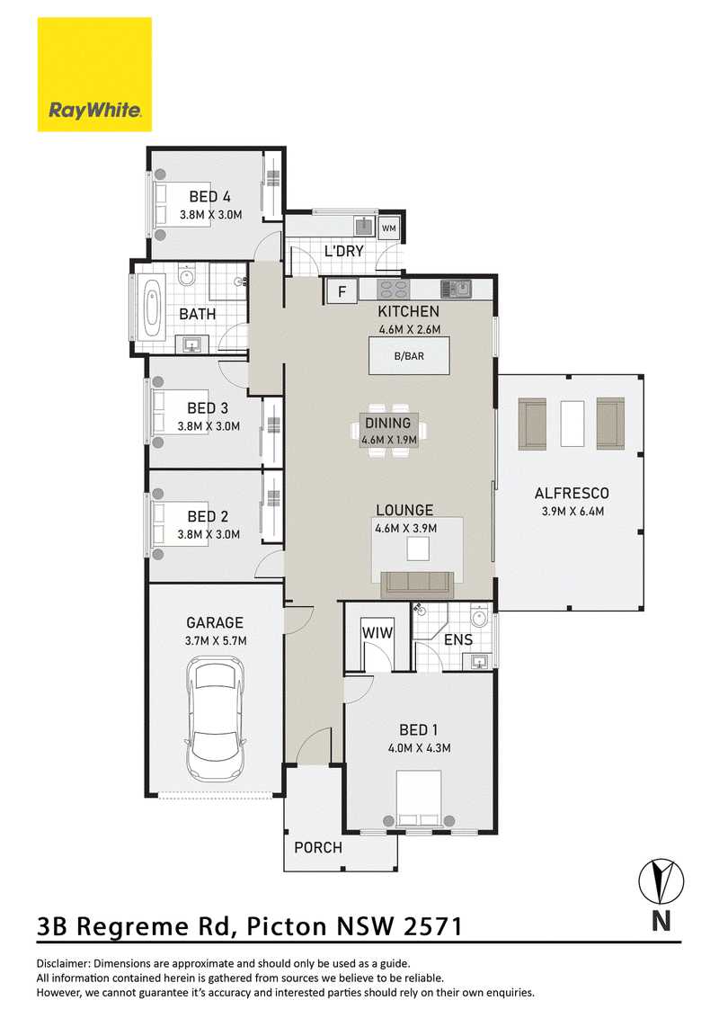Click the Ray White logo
(x=94, y=74)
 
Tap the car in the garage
(x=216, y=719)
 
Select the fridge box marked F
(x=342, y=291)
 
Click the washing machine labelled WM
(x=388, y=228)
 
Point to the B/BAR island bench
(x=409, y=356)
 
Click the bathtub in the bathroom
(x=152, y=308)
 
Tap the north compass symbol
(x=661, y=881)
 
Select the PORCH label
(x=318, y=848)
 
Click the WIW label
(x=377, y=632)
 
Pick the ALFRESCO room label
(x=572, y=494)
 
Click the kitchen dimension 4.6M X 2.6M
(x=410, y=330)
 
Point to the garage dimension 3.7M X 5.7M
(x=216, y=641)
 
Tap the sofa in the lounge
(x=417, y=584)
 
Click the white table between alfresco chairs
(x=572, y=424)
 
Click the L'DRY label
(x=343, y=251)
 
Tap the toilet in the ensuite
(x=479, y=617)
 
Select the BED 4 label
(x=209, y=197)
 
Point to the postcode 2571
(x=433, y=926)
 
